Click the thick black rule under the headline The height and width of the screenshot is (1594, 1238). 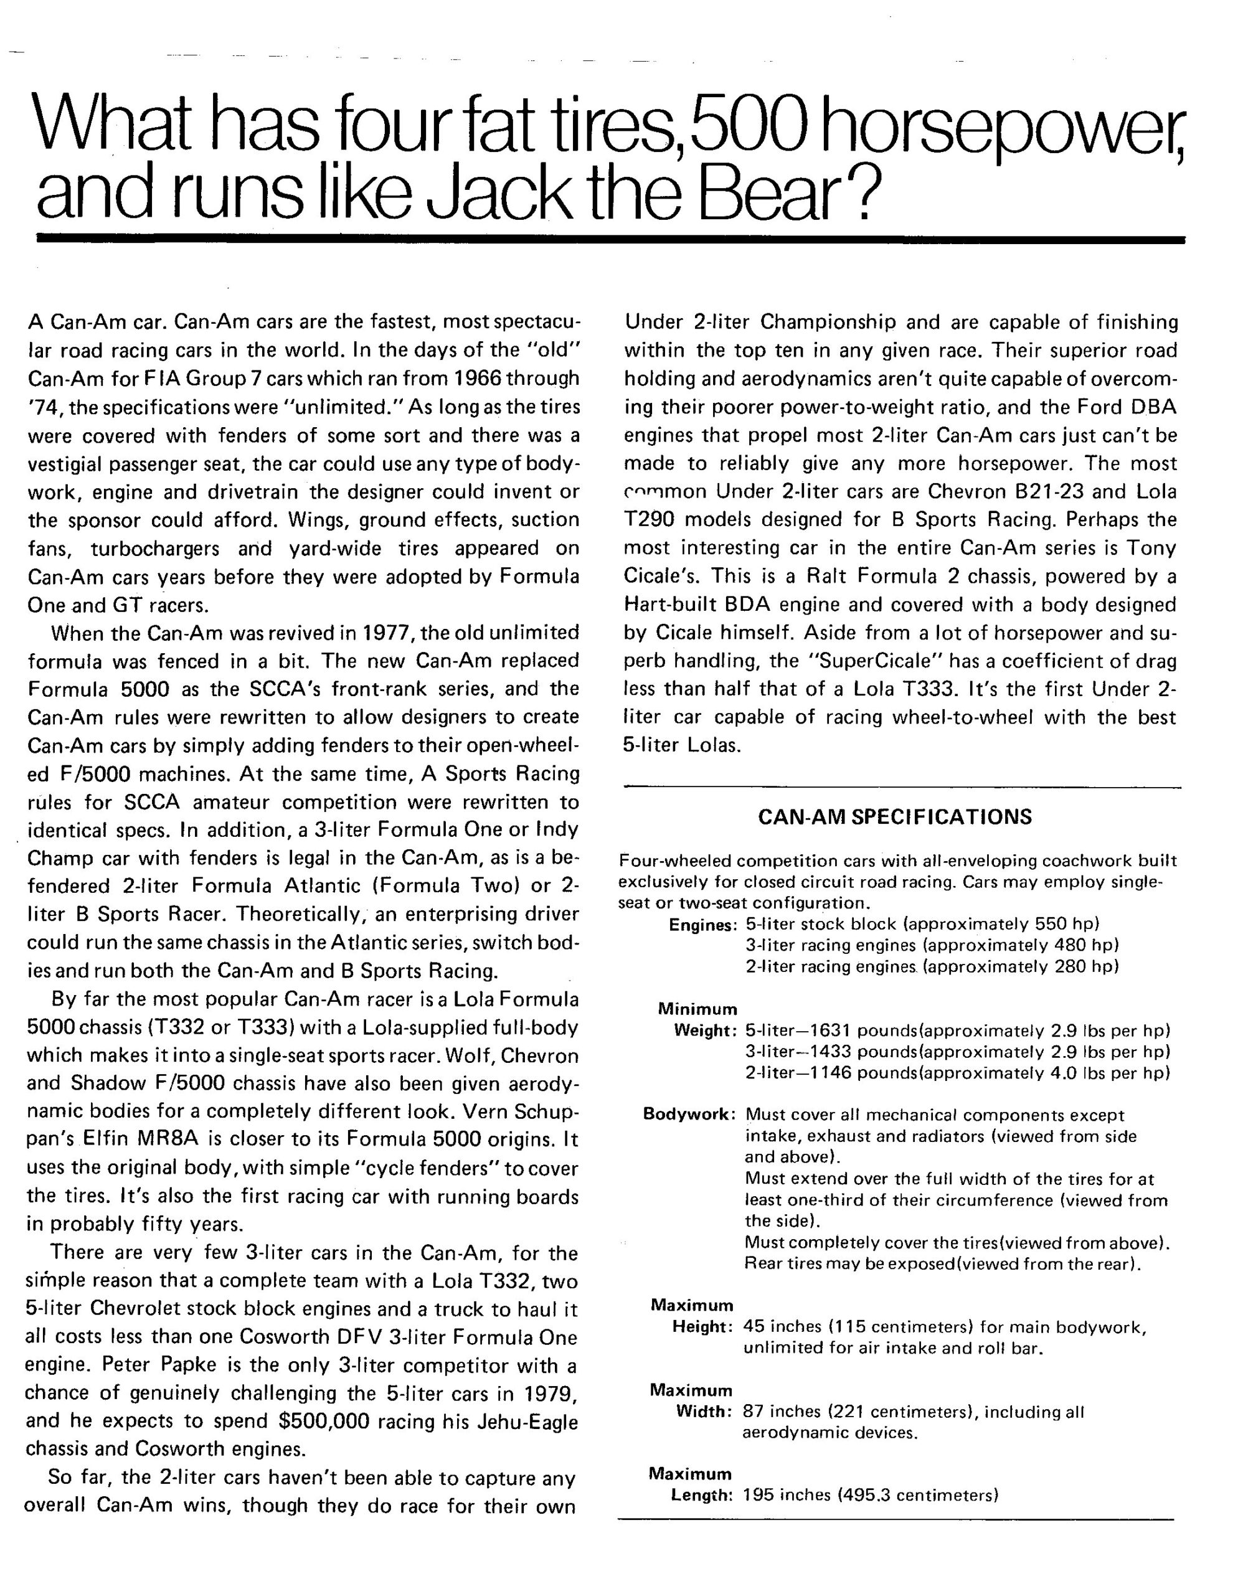click(610, 238)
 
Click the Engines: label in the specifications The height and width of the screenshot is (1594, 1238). click(702, 925)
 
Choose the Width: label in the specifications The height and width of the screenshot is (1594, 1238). click(704, 1412)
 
